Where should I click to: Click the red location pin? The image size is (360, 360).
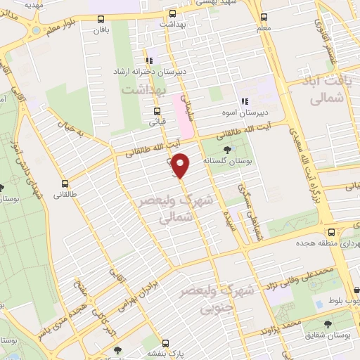[x=181, y=165]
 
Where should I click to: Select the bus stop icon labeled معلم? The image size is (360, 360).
[x=264, y=17]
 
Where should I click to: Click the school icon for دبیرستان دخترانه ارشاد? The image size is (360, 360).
[x=149, y=60]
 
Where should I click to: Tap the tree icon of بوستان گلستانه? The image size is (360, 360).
[x=226, y=150]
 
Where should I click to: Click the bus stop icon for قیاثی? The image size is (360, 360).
[x=157, y=110]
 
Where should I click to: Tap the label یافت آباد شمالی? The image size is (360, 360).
[x=335, y=92]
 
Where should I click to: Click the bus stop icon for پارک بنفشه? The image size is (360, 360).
[x=166, y=344]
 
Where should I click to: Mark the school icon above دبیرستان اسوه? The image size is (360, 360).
[x=244, y=101]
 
